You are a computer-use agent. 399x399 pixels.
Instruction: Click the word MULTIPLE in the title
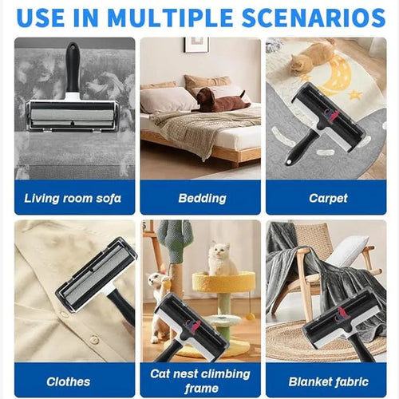[x=170, y=18]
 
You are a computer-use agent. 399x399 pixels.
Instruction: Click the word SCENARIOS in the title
[x=314, y=18]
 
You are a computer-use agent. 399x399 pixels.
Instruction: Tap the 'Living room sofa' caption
[x=73, y=199]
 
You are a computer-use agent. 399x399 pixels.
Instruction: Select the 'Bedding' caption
[x=202, y=199]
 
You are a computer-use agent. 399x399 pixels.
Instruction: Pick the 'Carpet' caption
[x=328, y=199]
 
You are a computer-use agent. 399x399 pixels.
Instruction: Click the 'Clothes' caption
[x=69, y=382]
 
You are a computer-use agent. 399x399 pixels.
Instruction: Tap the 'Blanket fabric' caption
[x=329, y=382]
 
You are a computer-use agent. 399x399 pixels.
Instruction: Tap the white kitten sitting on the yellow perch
[x=222, y=259]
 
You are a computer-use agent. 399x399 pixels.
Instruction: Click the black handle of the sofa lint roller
[x=73, y=68]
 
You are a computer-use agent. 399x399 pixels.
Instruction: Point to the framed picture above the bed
[x=196, y=45]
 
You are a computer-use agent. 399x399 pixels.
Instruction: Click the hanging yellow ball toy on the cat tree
[x=250, y=316]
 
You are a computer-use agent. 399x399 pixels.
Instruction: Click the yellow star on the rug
[x=356, y=94]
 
